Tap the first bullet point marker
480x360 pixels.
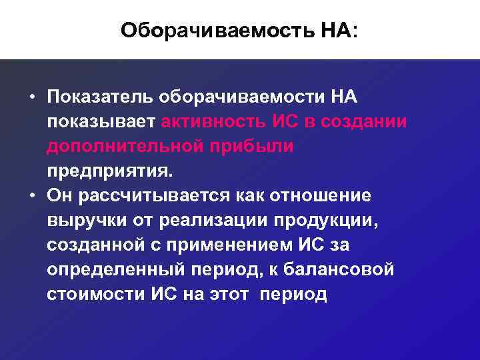pyautogui.click(x=31, y=97)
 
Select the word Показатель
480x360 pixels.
pyautogui.click(x=101, y=97)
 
